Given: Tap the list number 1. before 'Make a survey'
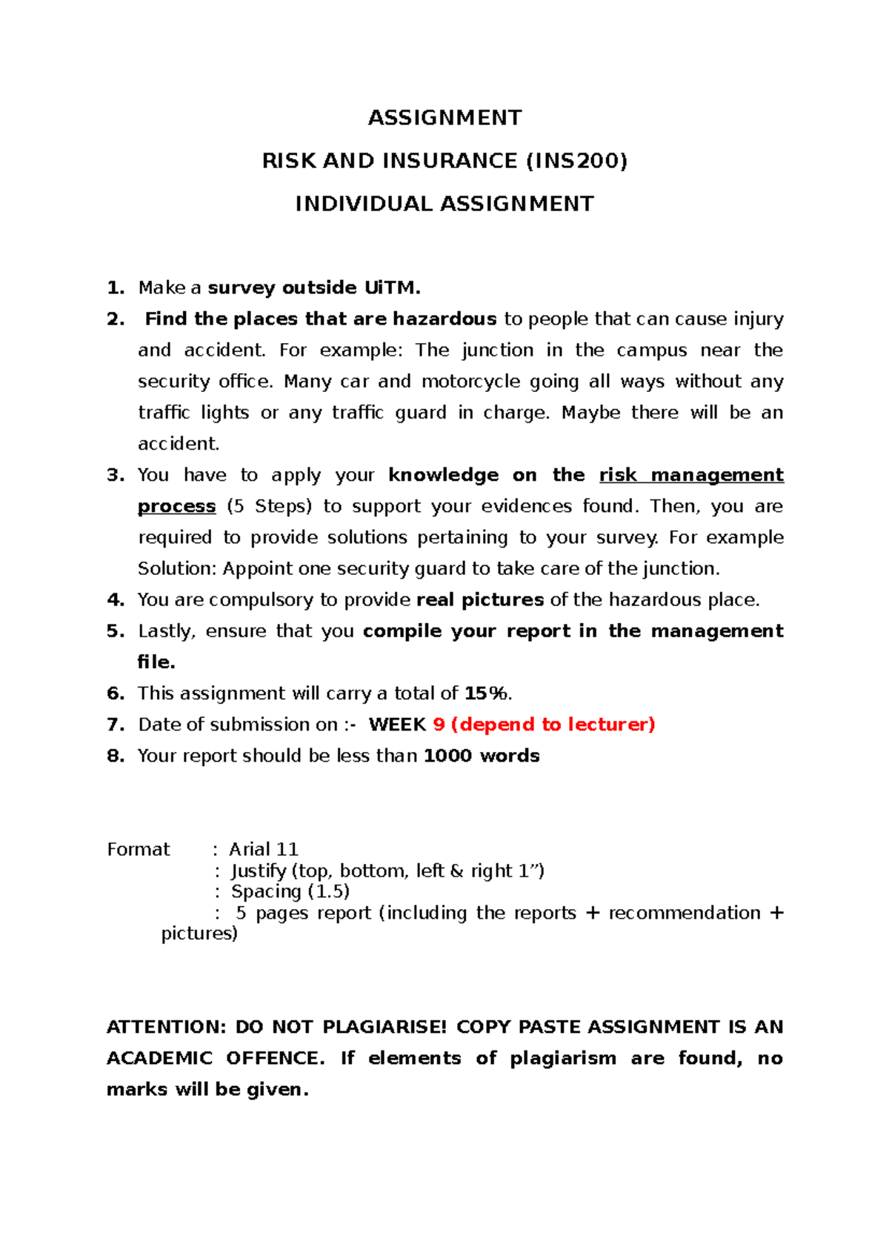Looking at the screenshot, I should [116, 287].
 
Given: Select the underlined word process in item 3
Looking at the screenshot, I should [176, 506].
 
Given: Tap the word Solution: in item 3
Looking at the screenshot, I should [177, 568].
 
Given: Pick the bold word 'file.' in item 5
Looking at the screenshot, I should [156, 662].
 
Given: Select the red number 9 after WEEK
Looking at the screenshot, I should [439, 725].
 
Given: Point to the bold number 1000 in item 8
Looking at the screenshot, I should [447, 756].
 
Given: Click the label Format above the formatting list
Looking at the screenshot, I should [139, 849].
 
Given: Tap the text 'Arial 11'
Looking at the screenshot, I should [264, 849].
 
